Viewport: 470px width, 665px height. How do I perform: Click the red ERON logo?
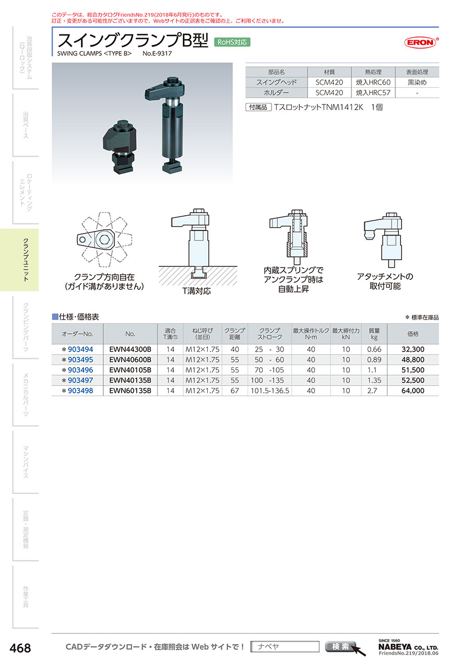(421, 42)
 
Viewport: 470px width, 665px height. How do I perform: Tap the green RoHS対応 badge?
(232, 42)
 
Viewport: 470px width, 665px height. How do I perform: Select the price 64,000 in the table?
(413, 390)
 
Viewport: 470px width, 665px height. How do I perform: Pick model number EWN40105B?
(130, 370)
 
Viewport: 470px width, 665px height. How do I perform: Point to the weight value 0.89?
(374, 359)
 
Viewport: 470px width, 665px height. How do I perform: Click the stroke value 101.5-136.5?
(269, 390)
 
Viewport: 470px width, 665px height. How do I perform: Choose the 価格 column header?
(413, 334)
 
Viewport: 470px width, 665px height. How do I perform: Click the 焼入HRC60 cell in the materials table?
(373, 82)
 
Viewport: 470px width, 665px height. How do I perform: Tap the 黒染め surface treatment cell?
(417, 82)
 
